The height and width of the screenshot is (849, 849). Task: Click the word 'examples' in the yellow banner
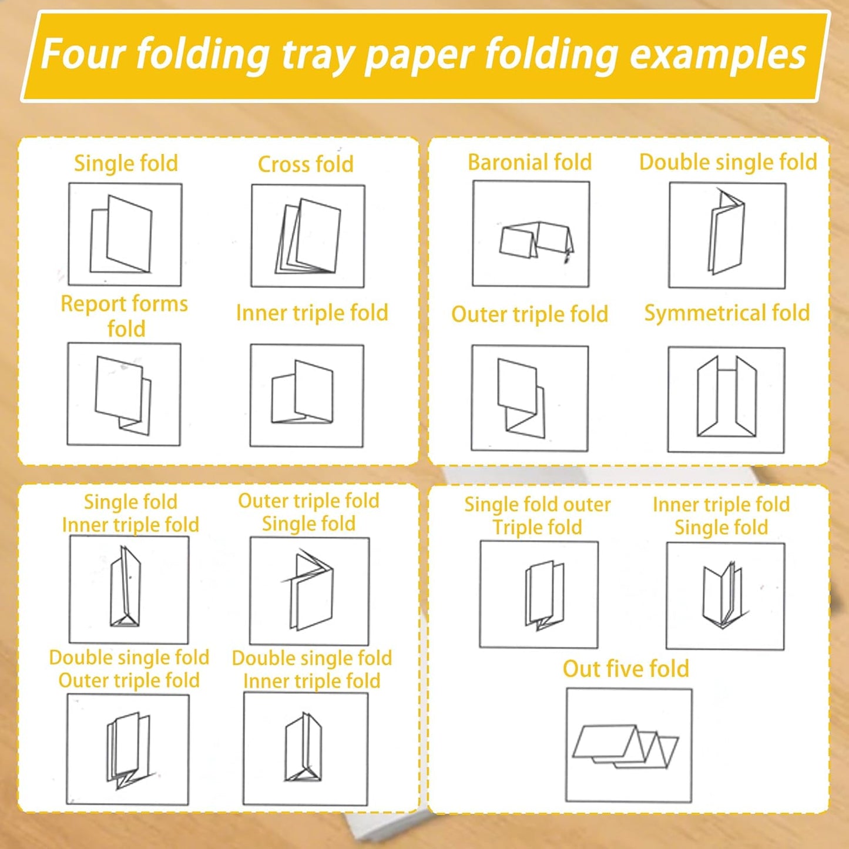pyautogui.click(x=718, y=55)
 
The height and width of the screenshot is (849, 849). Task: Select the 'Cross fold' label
pyautogui.click(x=306, y=165)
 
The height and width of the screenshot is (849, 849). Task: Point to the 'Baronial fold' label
pyautogui.click(x=529, y=163)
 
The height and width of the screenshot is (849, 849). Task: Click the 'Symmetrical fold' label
pyautogui.click(x=727, y=313)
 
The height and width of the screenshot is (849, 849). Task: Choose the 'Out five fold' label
pyautogui.click(x=626, y=669)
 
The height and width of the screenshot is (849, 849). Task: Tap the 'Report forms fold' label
pyautogui.click(x=124, y=316)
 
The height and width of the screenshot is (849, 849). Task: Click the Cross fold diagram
pyautogui.click(x=308, y=236)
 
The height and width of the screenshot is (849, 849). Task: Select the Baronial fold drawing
pyautogui.click(x=531, y=233)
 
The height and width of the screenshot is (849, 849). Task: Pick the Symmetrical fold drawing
pyautogui.click(x=727, y=400)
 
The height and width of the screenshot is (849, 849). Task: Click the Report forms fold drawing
pyautogui.click(x=124, y=394)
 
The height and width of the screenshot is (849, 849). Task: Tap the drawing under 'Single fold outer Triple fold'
pyautogui.click(x=539, y=595)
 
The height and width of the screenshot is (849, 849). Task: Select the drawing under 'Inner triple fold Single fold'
pyautogui.click(x=725, y=596)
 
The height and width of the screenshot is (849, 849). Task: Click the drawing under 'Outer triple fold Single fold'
pyautogui.click(x=309, y=591)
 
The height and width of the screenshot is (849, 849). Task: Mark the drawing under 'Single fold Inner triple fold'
pyautogui.click(x=129, y=590)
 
